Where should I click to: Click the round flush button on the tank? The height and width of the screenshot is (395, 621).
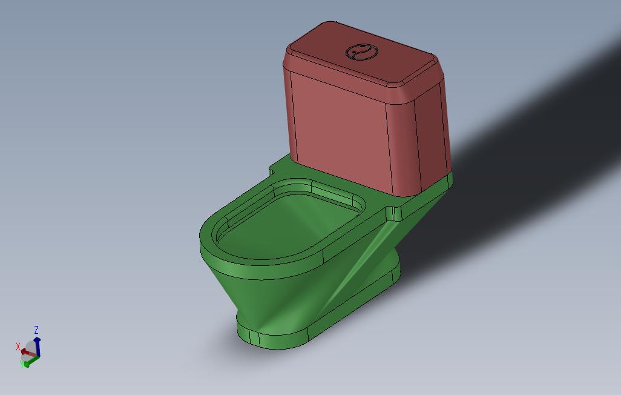pos(360,53)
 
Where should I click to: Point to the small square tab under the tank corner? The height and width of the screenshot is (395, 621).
pos(393,213)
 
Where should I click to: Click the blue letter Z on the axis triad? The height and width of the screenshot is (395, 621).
pos(36,330)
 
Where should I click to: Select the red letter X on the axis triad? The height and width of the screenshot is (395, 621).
pos(18,347)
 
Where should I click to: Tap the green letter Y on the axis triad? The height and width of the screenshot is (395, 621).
pos(22,365)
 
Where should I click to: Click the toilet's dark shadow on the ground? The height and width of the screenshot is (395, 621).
pos(514,151)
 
